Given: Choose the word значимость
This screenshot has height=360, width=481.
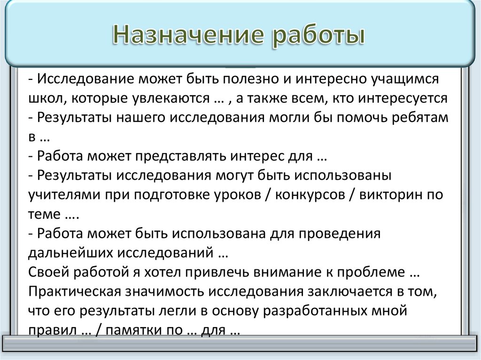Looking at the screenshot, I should tap(165, 291).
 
